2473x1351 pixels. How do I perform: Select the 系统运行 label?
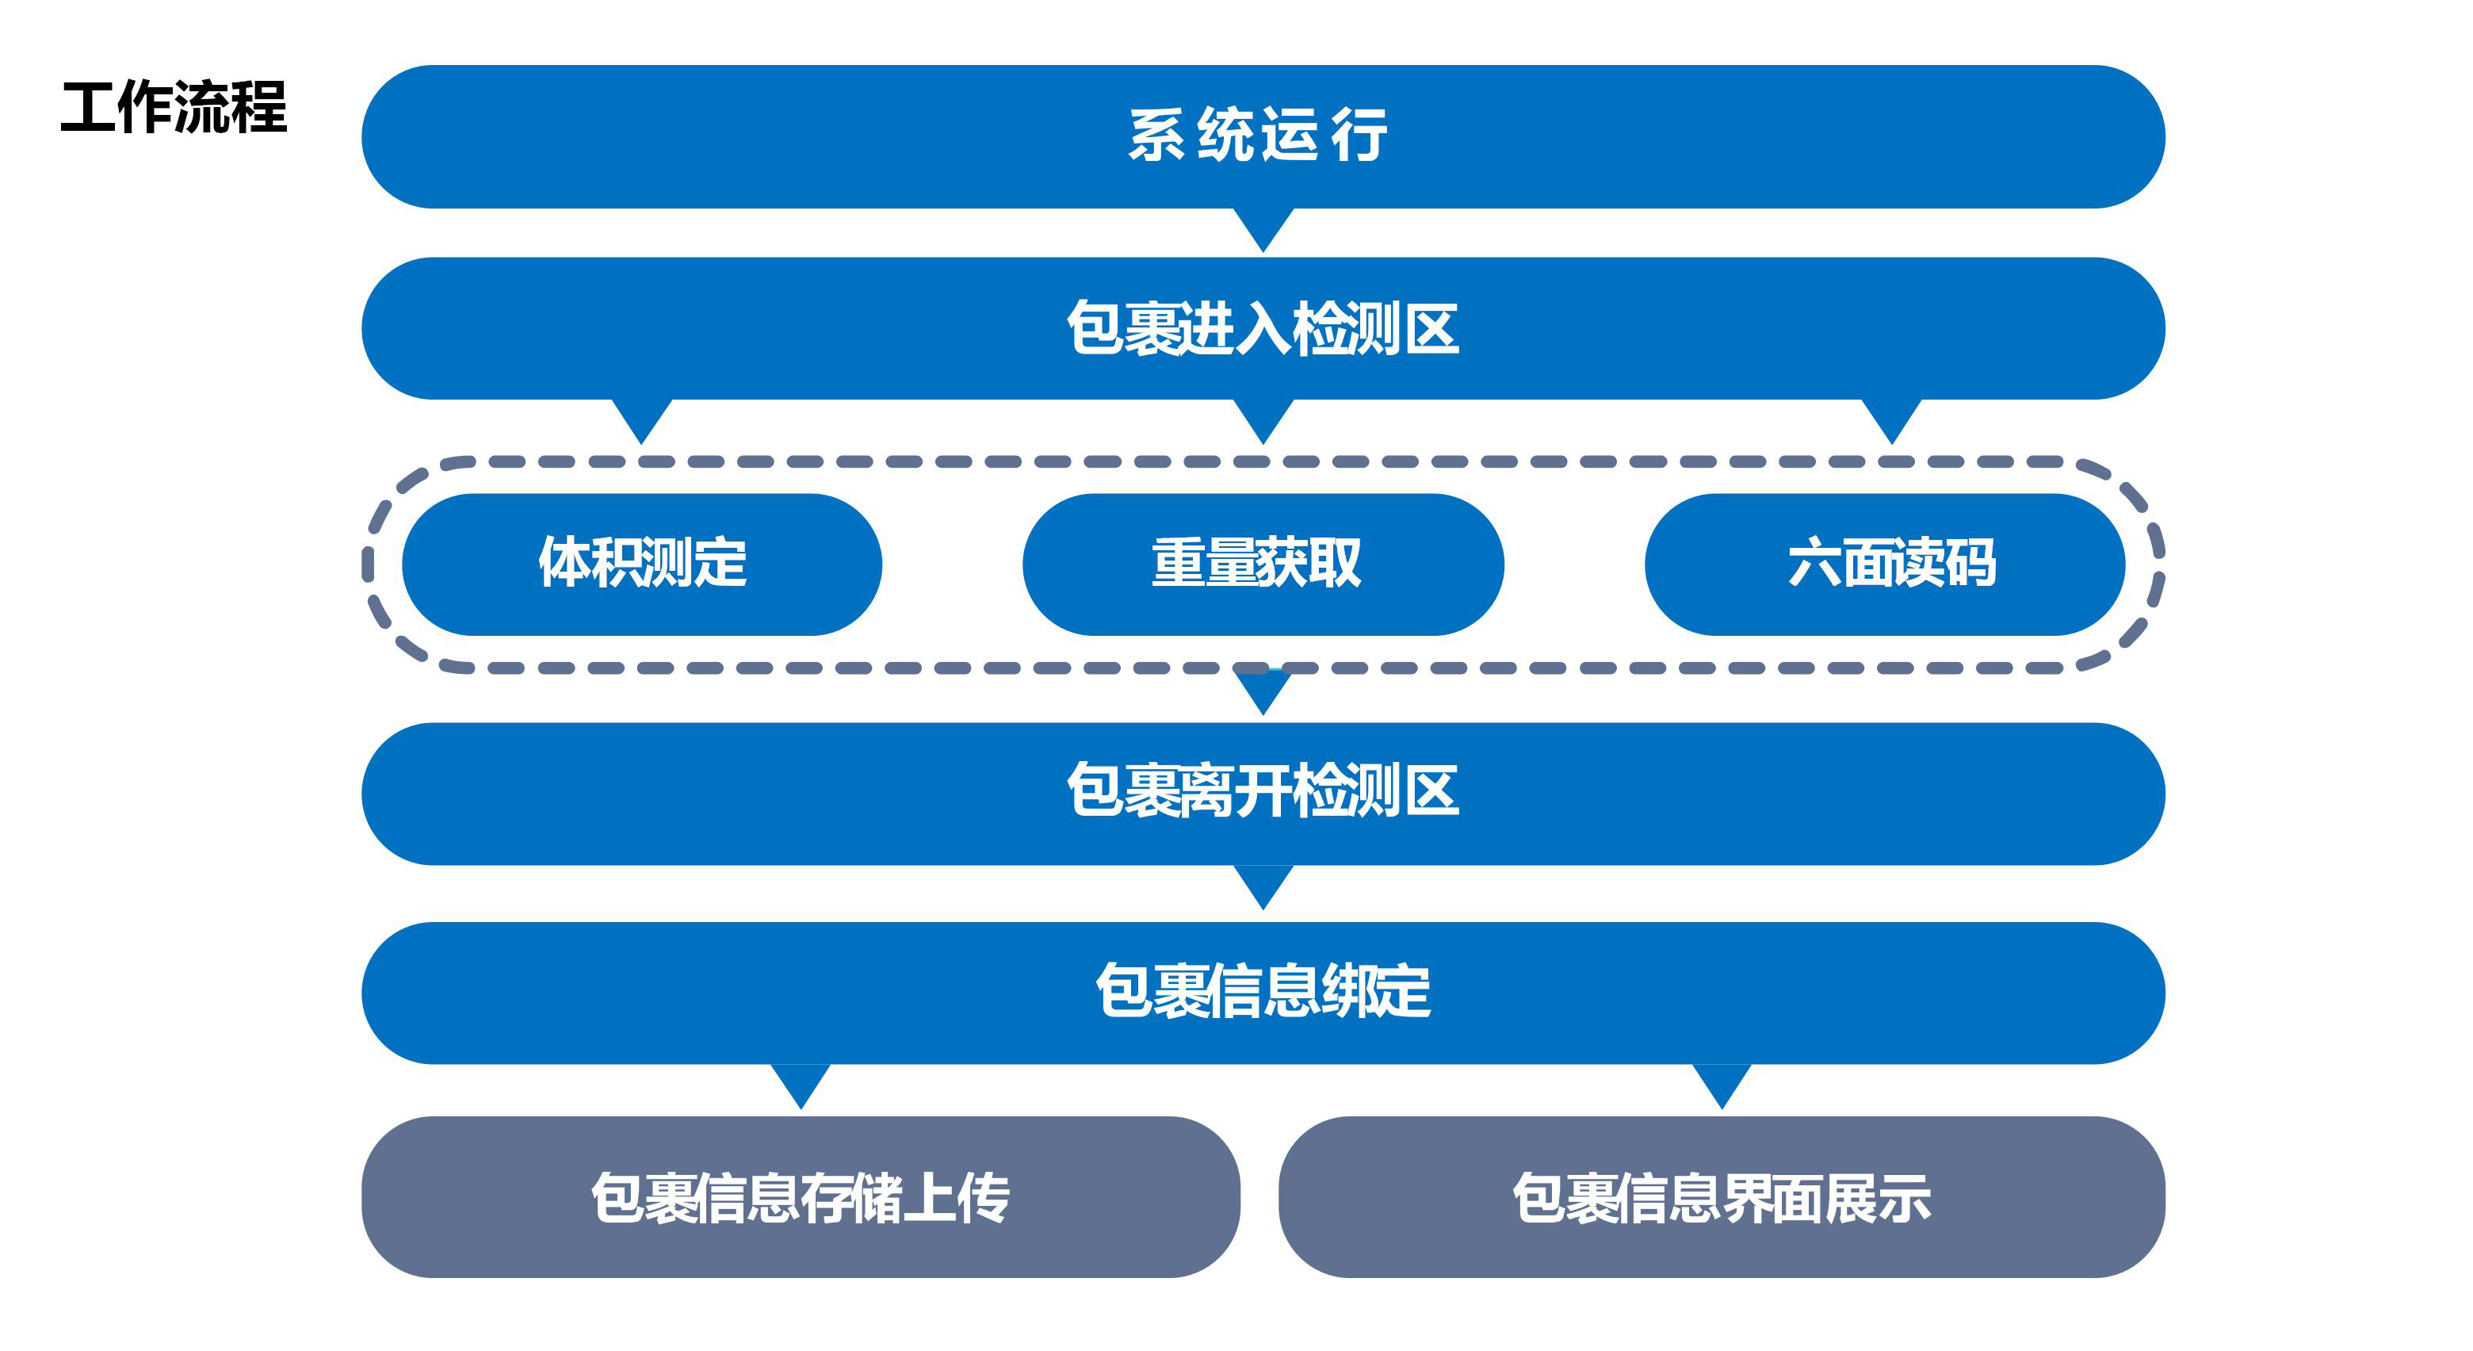tap(1258, 136)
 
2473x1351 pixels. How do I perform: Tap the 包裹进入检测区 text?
tap(1263, 328)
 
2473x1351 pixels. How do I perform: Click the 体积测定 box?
tap(641, 564)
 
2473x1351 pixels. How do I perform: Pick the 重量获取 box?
tap(1263, 564)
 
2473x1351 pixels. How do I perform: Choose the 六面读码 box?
tap(1885, 564)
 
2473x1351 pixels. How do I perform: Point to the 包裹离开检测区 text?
tap(1263, 791)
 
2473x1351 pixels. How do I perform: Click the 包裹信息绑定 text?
tap(1263, 991)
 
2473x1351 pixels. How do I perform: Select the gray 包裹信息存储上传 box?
tap(801, 1196)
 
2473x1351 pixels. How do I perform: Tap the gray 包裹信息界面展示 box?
tap(1722, 1196)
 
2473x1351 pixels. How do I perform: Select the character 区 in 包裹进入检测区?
tap(1431, 328)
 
